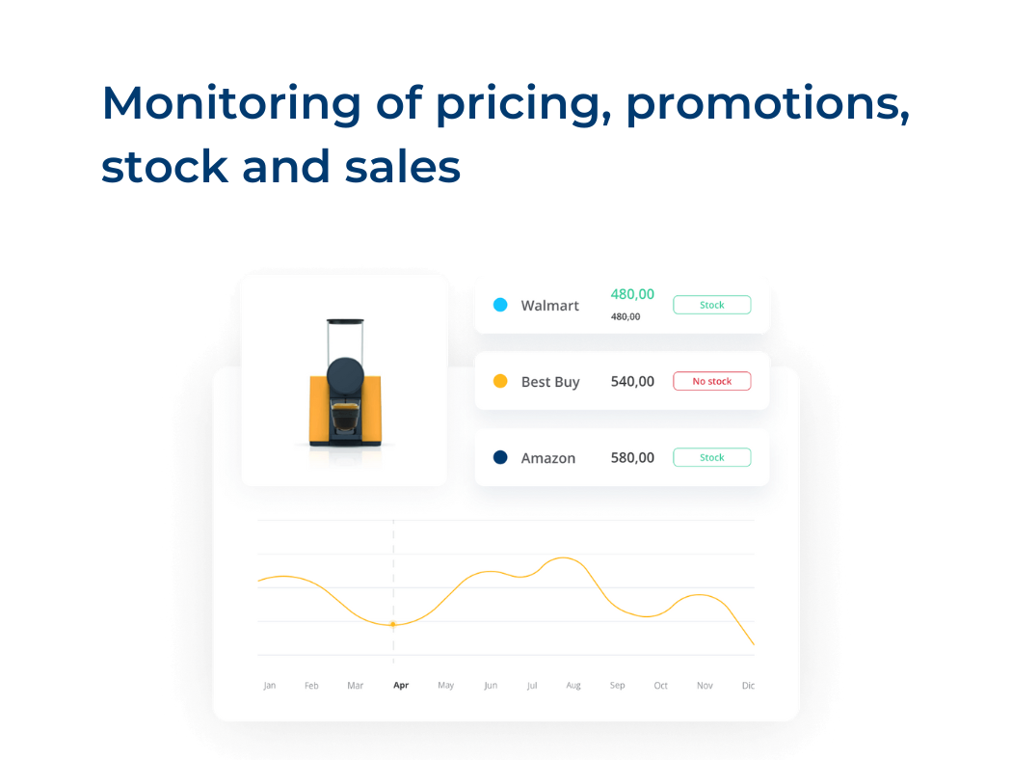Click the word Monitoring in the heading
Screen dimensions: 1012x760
pos(231,104)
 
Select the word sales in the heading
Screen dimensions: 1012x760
pos(402,167)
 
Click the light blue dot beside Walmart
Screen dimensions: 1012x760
pos(500,305)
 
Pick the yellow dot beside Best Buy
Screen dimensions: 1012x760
pos(500,381)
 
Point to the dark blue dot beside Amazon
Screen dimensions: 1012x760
pos(500,457)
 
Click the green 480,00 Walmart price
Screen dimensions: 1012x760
pos(632,294)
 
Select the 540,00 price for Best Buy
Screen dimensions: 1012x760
pos(632,382)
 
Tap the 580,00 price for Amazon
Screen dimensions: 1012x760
pos(632,458)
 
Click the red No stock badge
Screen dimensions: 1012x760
pos(712,381)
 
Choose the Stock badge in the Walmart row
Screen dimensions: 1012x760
pos(712,305)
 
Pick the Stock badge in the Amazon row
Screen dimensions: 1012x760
pos(712,457)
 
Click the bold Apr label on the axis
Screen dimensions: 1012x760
pos(401,685)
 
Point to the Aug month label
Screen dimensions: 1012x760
pos(573,686)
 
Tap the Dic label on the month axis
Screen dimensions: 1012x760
pos(748,685)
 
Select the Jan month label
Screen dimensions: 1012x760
pos(269,685)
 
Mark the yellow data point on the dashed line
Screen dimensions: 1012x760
pos(393,624)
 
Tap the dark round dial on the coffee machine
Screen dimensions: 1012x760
pos(345,375)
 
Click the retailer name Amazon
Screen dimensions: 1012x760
pos(548,458)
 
